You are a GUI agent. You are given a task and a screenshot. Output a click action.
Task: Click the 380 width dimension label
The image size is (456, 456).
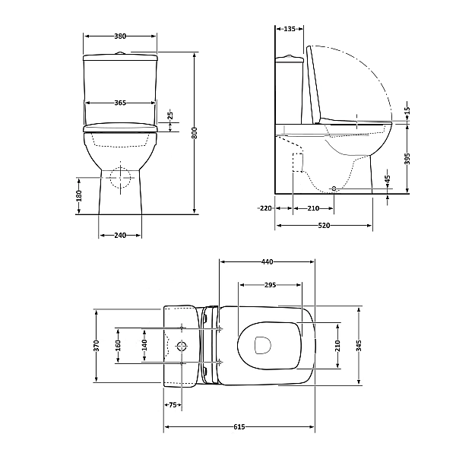click(120, 36)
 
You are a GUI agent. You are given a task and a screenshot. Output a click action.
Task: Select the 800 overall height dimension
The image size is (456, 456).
click(195, 133)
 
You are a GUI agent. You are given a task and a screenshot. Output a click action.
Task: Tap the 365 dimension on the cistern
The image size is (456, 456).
click(120, 103)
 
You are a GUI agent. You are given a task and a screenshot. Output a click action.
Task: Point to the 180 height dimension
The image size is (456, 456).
click(79, 196)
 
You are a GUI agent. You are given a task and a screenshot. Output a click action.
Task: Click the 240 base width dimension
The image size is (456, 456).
click(120, 236)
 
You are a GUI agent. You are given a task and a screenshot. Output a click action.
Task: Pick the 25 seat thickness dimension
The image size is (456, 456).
click(171, 116)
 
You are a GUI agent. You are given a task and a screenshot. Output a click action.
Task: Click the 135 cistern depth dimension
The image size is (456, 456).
click(290, 29)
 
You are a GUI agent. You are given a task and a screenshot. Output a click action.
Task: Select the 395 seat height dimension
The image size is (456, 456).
click(407, 159)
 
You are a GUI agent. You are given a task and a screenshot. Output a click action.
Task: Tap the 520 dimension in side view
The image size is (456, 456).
click(324, 226)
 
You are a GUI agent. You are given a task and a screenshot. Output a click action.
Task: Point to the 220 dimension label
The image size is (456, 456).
click(266, 208)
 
